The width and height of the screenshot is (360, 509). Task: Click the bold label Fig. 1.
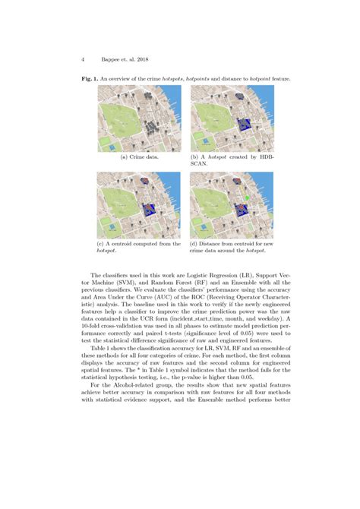[90, 79]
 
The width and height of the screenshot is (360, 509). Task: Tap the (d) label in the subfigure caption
[194, 243]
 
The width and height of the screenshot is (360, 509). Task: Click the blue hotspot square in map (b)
[244, 126]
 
